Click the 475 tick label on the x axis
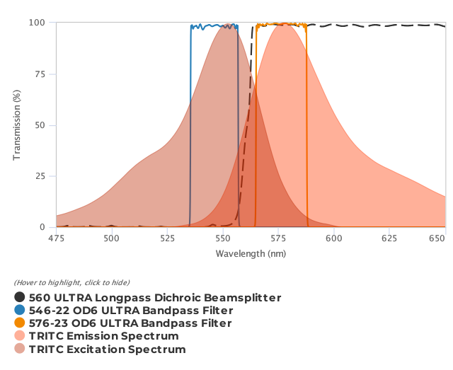pyautogui.click(x=56, y=238)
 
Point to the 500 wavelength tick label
pyautogui.click(x=112, y=238)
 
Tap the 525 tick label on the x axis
pyautogui.click(x=167, y=238)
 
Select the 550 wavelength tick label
pyautogui.click(x=223, y=238)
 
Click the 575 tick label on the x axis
pyautogui.click(x=279, y=238)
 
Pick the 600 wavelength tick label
pyautogui.click(x=334, y=238)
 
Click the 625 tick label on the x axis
pyautogui.click(x=390, y=238)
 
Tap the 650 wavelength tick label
pyautogui.click(x=445, y=238)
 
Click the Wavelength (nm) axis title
pyautogui.click(x=251, y=253)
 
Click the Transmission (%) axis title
pyautogui.click(x=16, y=125)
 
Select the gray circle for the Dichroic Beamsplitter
pyautogui.click(x=20, y=298)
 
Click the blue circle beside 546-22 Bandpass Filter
pyautogui.click(x=20, y=311)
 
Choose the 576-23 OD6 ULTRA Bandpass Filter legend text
pyautogui.click(x=130, y=323)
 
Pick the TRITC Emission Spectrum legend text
pyautogui.click(x=103, y=336)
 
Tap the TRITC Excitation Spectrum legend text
pyautogui.click(x=107, y=349)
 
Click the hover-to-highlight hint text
pyautogui.click(x=71, y=283)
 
